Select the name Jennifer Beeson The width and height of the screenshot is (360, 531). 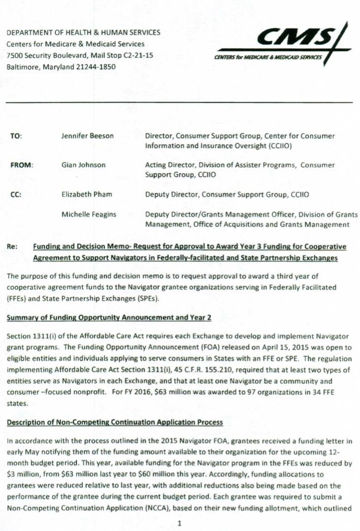click(x=87, y=136)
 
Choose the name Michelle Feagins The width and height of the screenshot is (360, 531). click(x=89, y=214)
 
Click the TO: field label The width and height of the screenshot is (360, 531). click(x=16, y=136)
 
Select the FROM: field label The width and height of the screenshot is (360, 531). click(x=22, y=165)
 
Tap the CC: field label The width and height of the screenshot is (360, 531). click(x=16, y=194)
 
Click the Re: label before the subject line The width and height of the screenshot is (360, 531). click(x=13, y=247)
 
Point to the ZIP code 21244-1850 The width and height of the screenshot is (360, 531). click(x=96, y=67)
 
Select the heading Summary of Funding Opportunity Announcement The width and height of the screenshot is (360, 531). click(x=109, y=318)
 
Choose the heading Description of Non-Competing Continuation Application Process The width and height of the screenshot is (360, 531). click(x=114, y=423)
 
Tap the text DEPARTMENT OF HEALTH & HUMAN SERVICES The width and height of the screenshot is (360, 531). click(x=83, y=33)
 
